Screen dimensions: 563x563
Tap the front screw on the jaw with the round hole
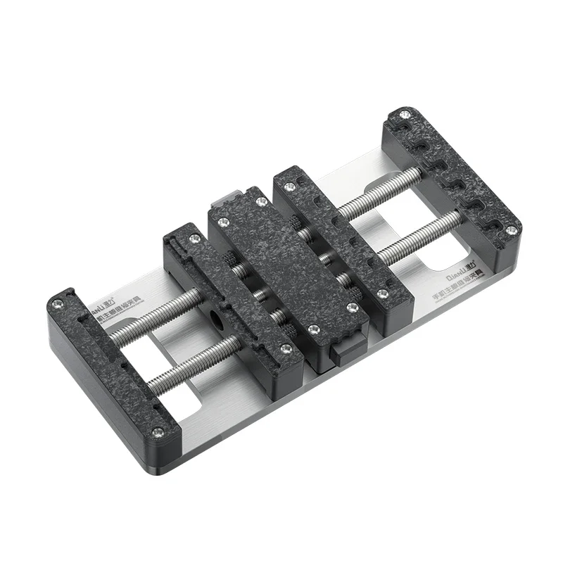tap(285, 348)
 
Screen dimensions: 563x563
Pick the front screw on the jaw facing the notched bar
tap(382, 293)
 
